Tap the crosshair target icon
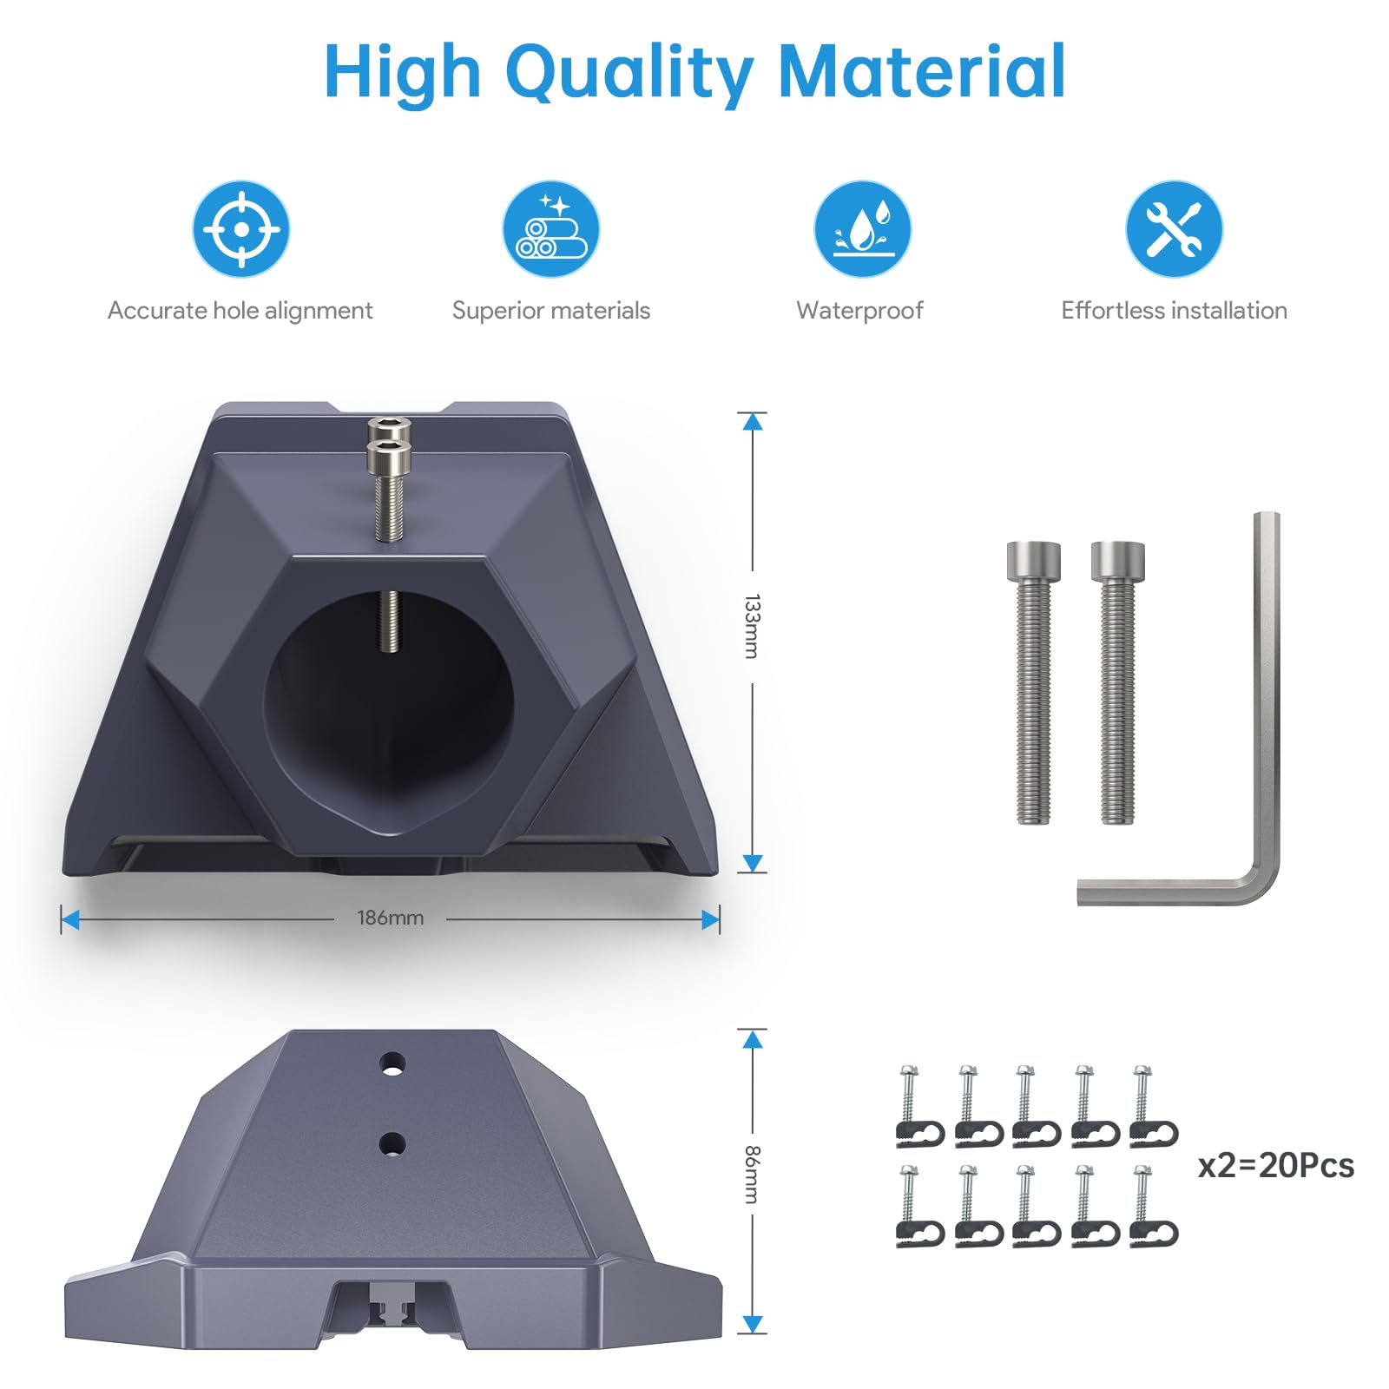point(241,229)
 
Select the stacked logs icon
point(551,229)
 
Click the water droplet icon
point(862,229)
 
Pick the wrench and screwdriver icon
point(1174,229)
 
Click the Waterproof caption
point(860,311)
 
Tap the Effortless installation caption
point(1174,310)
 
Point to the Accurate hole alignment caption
point(240,311)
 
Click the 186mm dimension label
point(391,918)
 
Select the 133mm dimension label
point(752,626)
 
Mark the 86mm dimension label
point(752,1175)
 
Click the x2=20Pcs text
point(1276,1165)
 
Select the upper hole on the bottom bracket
point(392,1063)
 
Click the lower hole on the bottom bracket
point(392,1144)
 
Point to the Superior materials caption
point(551,311)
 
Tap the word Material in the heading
point(923,72)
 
